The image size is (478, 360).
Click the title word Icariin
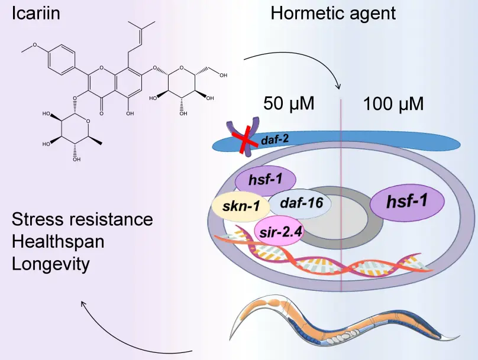(36, 13)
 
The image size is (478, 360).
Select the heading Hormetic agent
(333, 13)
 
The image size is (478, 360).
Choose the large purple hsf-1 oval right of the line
(407, 202)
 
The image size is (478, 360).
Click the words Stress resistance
(82, 219)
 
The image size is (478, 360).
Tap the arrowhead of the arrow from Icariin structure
(339, 87)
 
